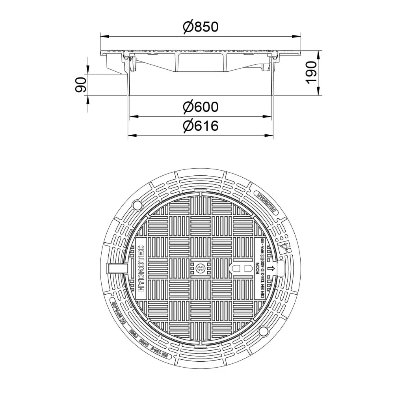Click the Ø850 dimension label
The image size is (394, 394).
(x=201, y=26)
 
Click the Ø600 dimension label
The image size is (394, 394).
(x=201, y=107)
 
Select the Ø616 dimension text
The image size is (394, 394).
(x=201, y=126)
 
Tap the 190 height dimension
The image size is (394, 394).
(x=311, y=72)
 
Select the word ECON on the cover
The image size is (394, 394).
(x=256, y=268)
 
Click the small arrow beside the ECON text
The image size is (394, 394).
(x=271, y=269)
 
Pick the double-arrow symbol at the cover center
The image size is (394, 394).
(x=200, y=269)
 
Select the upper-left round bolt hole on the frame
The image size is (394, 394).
(x=137, y=205)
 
